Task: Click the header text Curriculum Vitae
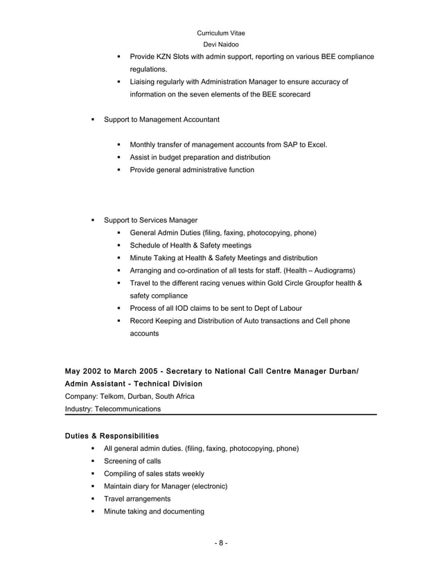[220, 33]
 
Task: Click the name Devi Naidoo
[220, 44]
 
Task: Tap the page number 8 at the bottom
[220, 542]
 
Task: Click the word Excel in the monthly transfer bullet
[316, 145]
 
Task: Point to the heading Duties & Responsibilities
[112, 436]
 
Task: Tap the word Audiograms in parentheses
[333, 270]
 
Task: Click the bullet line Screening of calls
[132, 461]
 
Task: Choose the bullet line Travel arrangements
[136, 499]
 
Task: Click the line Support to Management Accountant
[161, 120]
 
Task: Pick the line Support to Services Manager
[150, 220]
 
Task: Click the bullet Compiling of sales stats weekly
[153, 474]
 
